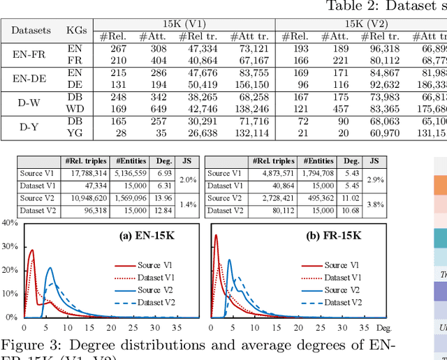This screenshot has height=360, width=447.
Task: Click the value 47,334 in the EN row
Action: (202, 49)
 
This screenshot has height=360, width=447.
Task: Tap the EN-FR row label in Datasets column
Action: (31, 54)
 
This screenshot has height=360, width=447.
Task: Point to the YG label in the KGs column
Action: (74, 133)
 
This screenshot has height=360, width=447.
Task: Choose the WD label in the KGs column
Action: (74, 109)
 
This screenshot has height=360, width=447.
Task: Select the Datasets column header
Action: (31, 30)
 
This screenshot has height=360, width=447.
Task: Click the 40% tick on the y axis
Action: (9, 223)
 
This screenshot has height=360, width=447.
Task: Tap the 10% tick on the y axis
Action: (9, 293)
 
